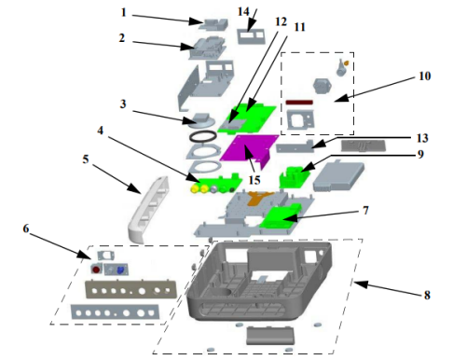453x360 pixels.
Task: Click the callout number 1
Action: click(124, 13)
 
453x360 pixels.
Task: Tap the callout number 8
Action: click(427, 295)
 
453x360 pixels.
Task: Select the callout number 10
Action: click(424, 76)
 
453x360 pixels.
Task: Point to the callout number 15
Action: click(254, 180)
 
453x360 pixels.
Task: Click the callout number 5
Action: click(86, 159)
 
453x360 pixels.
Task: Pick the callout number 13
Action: click(422, 138)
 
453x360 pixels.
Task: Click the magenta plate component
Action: click(250, 150)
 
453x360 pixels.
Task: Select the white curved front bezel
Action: click(149, 210)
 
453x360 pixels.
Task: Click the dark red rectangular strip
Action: click(299, 103)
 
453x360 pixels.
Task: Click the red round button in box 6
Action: click(96, 270)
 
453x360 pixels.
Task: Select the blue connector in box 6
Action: click(120, 270)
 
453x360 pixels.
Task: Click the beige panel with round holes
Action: click(130, 290)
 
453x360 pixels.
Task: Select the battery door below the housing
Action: click(269, 335)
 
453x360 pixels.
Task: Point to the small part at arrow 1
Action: click(213, 24)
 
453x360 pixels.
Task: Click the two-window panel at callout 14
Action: click(251, 36)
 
